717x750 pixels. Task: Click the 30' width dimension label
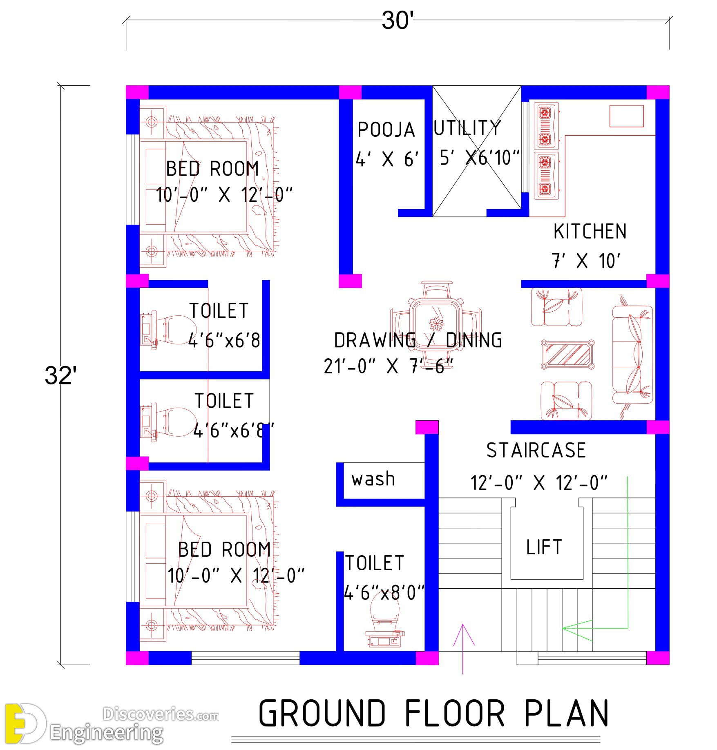pos(398,20)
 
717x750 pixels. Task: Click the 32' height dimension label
pos(60,375)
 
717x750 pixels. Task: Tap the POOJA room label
pos(386,130)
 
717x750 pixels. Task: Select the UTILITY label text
pos(467,128)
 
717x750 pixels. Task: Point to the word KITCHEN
pos(590,232)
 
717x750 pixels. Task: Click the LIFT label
pos(544,547)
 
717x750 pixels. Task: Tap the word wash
pos(373,479)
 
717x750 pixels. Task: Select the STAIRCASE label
pos(536,451)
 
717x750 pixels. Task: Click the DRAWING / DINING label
pos(418,340)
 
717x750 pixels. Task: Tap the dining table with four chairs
pos(436,324)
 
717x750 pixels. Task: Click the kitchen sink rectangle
pos(626,116)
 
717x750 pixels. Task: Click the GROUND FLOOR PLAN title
pos(434,713)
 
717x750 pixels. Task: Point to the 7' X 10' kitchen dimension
pos(585,261)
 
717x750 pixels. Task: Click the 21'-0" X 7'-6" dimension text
pos(389,366)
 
